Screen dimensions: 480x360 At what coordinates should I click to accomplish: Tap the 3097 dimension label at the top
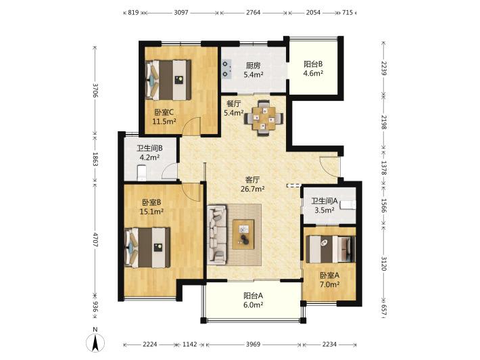pos(181,13)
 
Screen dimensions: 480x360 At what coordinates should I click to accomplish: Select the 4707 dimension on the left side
pos(95,240)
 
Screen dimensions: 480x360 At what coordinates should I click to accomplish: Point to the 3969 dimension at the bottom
pos(253,344)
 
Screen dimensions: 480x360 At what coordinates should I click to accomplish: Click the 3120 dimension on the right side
pos(383,263)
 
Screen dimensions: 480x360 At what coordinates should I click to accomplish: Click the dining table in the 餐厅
pos(264,118)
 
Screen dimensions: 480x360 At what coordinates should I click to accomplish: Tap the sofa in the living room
pos(217,234)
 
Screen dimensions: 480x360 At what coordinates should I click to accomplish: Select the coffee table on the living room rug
pos(243,234)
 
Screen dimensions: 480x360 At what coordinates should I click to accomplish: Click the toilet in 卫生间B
pos(142,173)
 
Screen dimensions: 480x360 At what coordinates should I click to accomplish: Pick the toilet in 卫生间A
pos(348,204)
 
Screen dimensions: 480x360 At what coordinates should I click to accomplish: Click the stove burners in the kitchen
pos(226,69)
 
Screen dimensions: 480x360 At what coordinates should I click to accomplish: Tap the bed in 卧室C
pos(168,80)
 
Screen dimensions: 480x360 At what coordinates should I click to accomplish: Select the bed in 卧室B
pos(147,248)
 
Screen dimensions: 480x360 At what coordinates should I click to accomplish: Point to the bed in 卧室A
pos(331,249)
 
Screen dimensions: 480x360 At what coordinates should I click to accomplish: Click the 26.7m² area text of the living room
pos(253,189)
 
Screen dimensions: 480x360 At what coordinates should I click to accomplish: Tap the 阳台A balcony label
pos(253,296)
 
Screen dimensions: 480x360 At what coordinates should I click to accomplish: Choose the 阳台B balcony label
pos(313,64)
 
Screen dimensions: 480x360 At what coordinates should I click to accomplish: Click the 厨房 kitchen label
pos(254,65)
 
